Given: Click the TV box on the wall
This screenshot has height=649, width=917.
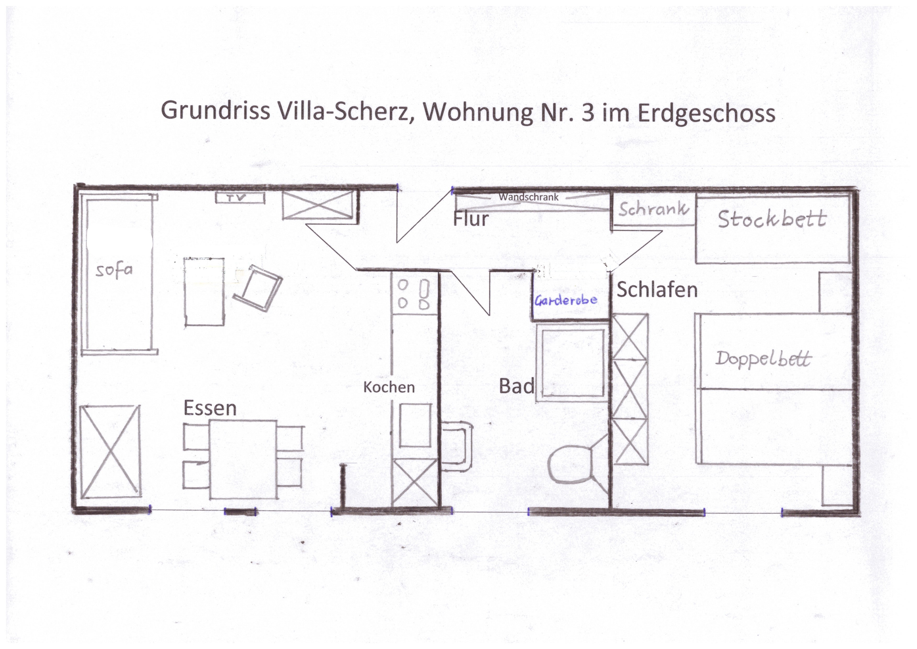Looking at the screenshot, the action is coord(240,197).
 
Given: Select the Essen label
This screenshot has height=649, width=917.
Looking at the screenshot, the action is coord(210,408).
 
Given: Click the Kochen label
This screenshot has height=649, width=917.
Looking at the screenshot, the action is coord(389,387).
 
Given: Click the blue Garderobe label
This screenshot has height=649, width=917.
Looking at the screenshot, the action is coord(566,300).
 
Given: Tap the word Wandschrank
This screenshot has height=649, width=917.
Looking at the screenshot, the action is coord(528,197).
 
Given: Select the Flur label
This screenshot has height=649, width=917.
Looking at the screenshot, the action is coord(471,219).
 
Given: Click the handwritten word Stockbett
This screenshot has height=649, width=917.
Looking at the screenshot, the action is coord(772,219).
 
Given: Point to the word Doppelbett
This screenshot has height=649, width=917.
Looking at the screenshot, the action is coord(763,358).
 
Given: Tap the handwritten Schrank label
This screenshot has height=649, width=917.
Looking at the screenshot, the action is coord(654,208).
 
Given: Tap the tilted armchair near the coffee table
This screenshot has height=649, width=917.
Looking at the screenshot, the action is coord(258,287).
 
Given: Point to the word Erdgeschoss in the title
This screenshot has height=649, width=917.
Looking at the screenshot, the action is coord(706,113).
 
